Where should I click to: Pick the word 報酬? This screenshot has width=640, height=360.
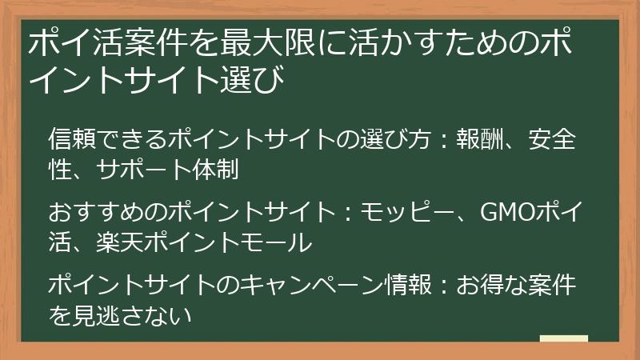tap(478, 138)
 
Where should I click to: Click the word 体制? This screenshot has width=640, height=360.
tap(220, 170)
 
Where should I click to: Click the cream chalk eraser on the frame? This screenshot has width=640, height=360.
tap(563, 339)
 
